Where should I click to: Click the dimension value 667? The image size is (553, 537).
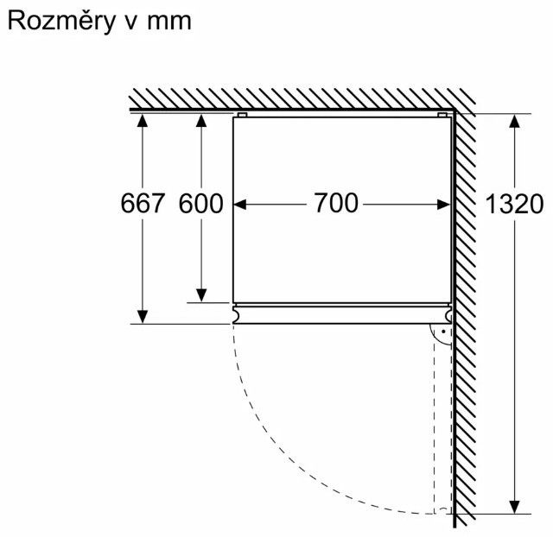point(143,205)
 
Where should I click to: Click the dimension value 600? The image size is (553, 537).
point(200,205)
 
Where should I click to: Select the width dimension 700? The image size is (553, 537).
point(335,205)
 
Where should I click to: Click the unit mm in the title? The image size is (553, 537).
point(168,22)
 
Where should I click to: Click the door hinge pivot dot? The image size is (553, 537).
point(442,331)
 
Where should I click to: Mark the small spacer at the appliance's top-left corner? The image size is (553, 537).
point(241,114)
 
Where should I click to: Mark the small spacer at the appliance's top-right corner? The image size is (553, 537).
point(443,114)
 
